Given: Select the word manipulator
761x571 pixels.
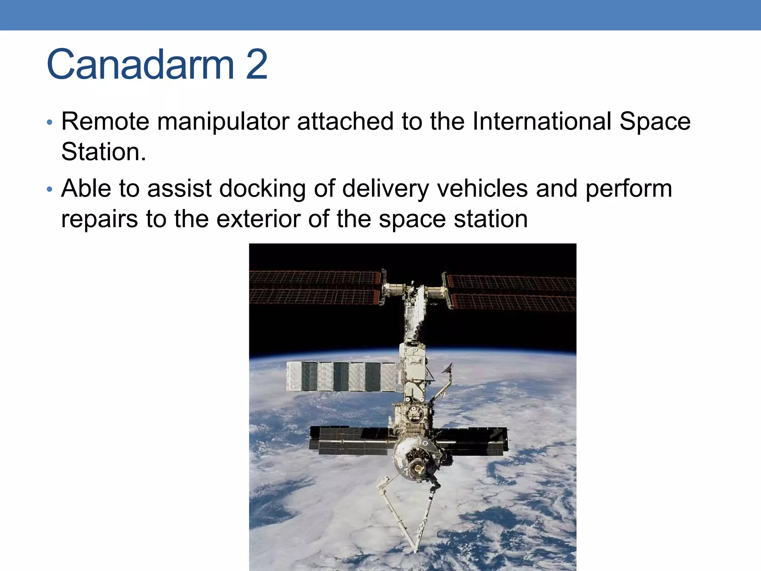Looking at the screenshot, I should [223, 122].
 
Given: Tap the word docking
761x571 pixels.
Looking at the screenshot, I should [262, 189].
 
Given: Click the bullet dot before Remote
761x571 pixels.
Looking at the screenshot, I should [50, 122].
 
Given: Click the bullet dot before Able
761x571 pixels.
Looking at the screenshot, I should [50, 190].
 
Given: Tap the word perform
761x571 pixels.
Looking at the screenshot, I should [629, 189].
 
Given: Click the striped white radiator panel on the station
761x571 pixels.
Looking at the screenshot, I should [342, 376].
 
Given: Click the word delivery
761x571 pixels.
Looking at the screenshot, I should [385, 189].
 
